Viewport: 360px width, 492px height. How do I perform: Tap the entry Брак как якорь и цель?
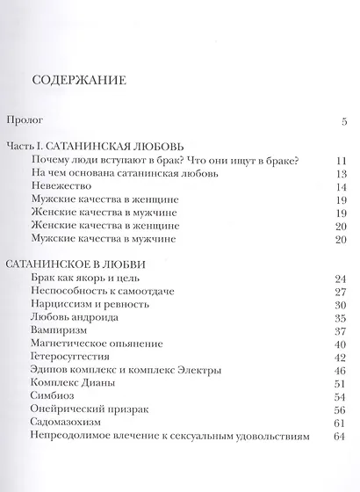point(92,279)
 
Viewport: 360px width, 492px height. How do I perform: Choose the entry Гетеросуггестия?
point(76,357)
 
